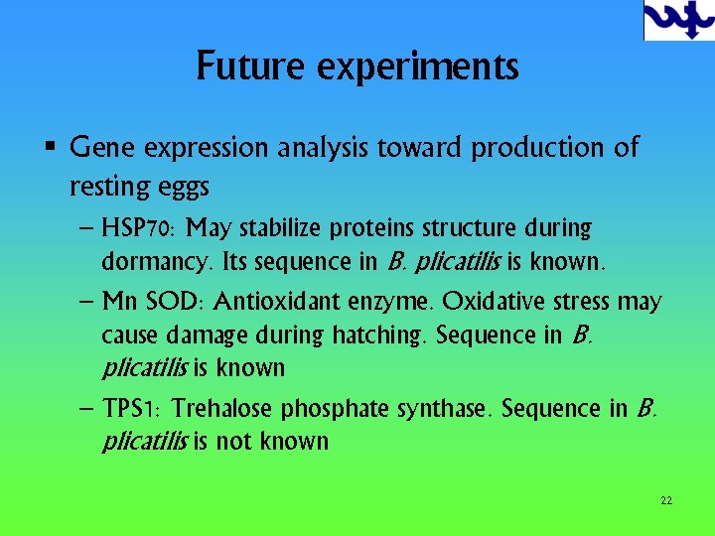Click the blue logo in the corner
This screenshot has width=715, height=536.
coord(678,20)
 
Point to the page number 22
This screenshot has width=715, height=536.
coord(666,500)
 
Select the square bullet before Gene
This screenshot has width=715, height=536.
coord(49,148)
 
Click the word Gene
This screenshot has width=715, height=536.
coord(103,148)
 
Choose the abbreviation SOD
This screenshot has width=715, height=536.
coord(175,302)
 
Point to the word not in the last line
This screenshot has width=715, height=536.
coord(234,442)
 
